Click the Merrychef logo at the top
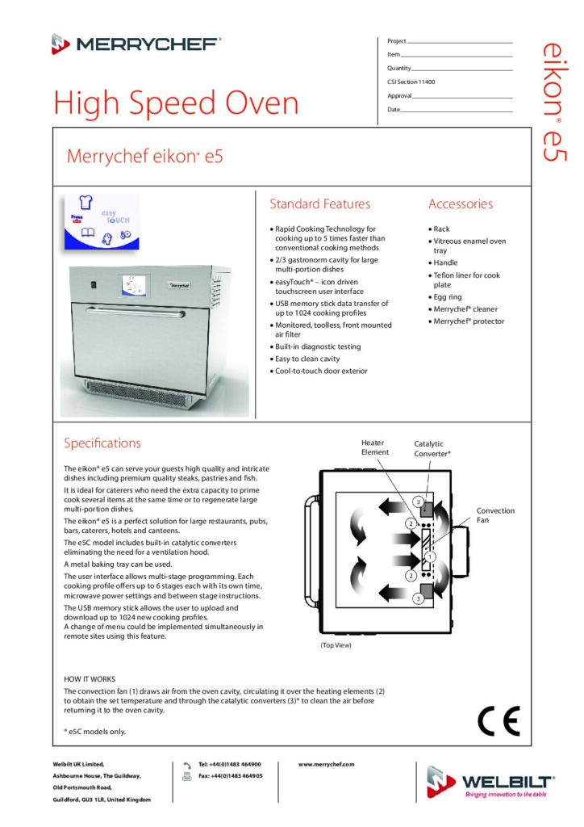(x=136, y=44)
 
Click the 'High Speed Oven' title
(x=176, y=103)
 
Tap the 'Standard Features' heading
(x=319, y=204)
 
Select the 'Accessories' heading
(x=460, y=204)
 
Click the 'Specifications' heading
(x=102, y=443)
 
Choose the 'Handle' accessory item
(x=445, y=262)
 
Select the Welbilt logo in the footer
(x=490, y=783)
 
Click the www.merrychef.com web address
(x=326, y=764)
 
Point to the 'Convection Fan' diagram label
(x=495, y=515)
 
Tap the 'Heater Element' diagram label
(x=374, y=447)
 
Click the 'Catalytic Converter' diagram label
(x=432, y=448)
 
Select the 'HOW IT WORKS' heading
(x=90, y=679)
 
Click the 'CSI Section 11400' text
(x=411, y=82)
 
